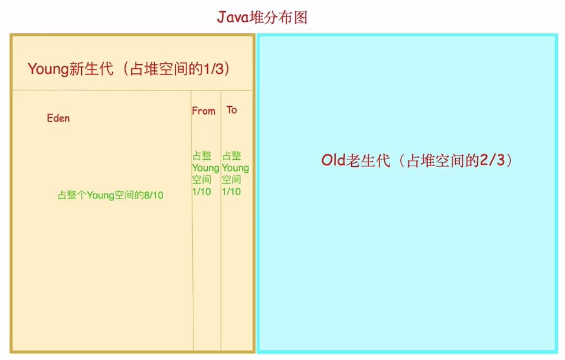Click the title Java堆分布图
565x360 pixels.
[x=262, y=17]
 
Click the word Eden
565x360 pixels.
[x=58, y=118]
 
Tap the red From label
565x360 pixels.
[x=204, y=111]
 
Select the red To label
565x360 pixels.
[x=231, y=110]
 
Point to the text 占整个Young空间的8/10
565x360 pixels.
[x=110, y=195]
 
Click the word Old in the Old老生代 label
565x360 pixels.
[x=333, y=160]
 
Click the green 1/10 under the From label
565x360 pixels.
[x=202, y=192]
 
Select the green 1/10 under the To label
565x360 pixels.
[x=231, y=192]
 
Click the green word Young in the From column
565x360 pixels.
[x=205, y=168]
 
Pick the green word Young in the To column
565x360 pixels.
[x=235, y=168]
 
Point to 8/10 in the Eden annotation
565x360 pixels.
[x=154, y=195]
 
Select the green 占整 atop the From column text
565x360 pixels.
[x=202, y=156]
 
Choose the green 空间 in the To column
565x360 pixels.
[x=231, y=180]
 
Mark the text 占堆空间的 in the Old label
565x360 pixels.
[x=443, y=160]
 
